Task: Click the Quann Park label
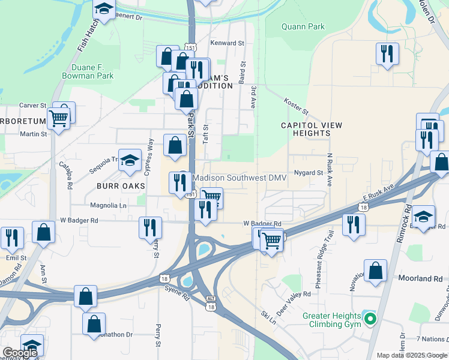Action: coord(303,26)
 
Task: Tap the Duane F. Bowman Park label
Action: coord(88,72)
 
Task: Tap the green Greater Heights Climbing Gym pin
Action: coord(371,319)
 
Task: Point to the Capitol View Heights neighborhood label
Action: coord(312,129)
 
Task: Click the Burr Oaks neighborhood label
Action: coord(121,186)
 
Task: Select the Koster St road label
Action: coord(296,107)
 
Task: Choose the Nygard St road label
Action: coord(309,173)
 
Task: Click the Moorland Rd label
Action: coord(420,279)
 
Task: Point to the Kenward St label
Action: coord(228,43)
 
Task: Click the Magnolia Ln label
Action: coord(108,205)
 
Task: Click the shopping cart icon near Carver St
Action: coord(58,118)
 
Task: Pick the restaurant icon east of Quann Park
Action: coord(387,53)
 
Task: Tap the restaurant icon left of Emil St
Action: coord(11,238)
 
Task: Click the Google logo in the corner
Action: coord(20,353)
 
